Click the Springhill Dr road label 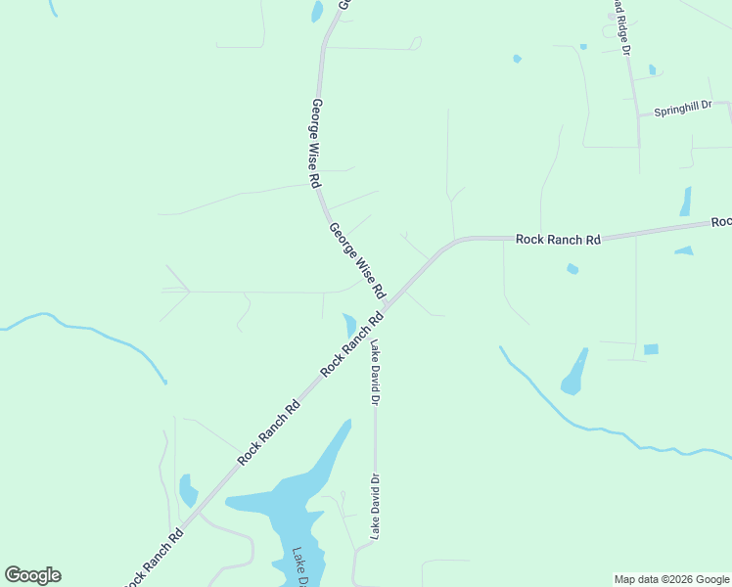click(682, 106)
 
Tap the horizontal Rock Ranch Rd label click(558, 239)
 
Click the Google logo click(32, 575)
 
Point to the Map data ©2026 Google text click(670, 579)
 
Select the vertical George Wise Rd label click(316, 143)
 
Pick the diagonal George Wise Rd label click(358, 261)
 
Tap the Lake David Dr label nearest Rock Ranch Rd click(374, 372)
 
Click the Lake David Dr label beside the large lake click(374, 506)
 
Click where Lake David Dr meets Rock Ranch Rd click(375, 318)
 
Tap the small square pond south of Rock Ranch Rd click(651, 349)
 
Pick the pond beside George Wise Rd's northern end click(317, 12)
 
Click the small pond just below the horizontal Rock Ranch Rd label click(572, 269)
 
